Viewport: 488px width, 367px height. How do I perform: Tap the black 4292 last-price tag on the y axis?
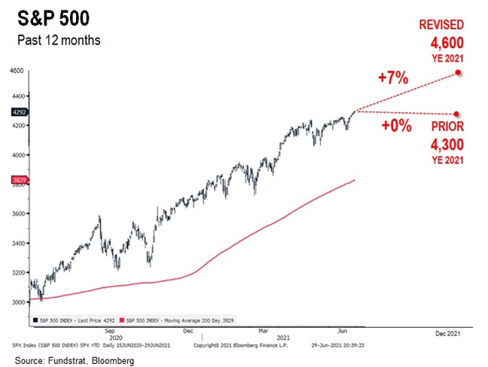tap(18, 112)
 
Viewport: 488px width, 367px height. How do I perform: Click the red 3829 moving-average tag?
tap(18, 179)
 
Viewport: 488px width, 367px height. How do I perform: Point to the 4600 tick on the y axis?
tap(17, 71)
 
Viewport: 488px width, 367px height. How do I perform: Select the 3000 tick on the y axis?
tap(17, 301)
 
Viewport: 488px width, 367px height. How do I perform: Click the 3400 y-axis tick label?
tap(17, 243)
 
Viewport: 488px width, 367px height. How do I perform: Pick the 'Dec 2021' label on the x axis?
tap(449, 332)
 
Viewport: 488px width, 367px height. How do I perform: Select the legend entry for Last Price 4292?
tap(74, 320)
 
